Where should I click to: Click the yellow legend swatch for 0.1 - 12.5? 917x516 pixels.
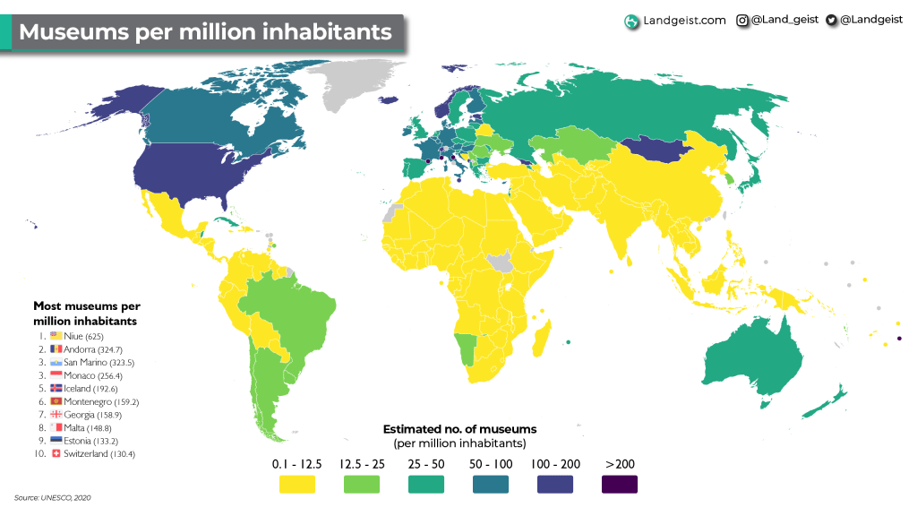296,485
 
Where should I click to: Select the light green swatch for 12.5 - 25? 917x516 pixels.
361,485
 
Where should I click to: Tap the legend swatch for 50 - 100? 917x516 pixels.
490,485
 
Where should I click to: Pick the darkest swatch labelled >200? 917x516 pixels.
619,485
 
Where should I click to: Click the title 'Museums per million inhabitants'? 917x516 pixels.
205,32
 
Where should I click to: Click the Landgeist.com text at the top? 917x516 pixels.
684,20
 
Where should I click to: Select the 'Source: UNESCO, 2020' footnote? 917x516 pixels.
53,497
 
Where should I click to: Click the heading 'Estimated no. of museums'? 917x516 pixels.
459,429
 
